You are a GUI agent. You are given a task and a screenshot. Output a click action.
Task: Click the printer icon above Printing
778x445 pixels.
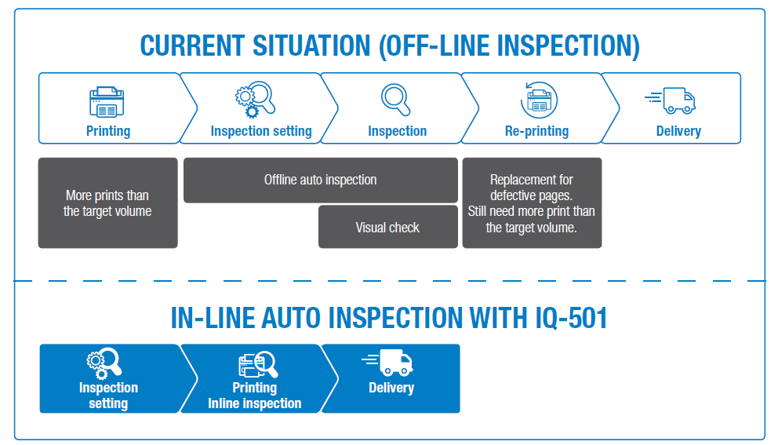107,102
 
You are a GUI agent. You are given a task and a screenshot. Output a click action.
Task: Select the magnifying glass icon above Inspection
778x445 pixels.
396,100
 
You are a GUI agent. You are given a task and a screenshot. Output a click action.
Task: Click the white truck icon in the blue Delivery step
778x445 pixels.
388,363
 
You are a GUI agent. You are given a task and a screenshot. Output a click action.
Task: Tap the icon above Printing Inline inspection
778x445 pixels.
257,365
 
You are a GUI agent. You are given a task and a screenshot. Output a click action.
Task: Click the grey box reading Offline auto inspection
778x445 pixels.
320,180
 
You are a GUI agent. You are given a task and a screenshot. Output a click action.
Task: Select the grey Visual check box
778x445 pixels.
387,228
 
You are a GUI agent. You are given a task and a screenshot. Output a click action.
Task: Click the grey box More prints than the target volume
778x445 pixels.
107,203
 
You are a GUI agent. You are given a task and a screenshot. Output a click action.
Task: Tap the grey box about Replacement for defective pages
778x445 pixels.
532,203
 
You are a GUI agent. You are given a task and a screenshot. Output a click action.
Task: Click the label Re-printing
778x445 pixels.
536,131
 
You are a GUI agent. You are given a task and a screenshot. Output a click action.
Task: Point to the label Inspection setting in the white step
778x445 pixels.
260,131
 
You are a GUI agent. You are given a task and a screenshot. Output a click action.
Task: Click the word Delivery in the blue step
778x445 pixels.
391,388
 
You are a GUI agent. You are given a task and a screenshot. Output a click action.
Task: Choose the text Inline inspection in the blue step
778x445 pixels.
254,403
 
